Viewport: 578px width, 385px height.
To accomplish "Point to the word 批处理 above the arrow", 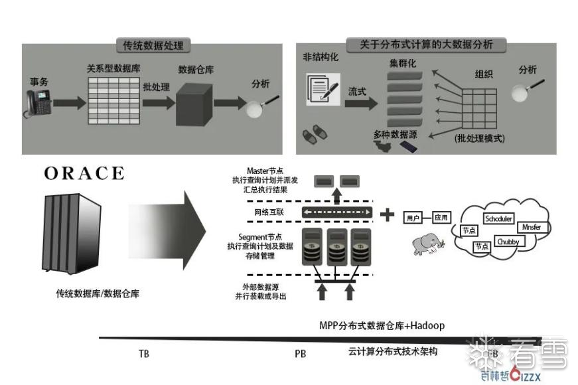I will click(x=157, y=87).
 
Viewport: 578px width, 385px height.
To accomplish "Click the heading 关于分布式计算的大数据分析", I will click(x=426, y=45).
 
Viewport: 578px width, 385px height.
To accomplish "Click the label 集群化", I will click(x=402, y=64).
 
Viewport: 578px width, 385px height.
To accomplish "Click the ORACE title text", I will click(x=84, y=174).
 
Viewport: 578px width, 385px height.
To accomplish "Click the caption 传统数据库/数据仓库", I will click(x=98, y=293).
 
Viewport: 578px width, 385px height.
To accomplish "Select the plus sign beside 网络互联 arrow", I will click(x=388, y=214).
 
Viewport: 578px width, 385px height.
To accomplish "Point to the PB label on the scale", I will click(x=300, y=354).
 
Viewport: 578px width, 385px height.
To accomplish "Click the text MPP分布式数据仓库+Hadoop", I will click(x=382, y=326).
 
